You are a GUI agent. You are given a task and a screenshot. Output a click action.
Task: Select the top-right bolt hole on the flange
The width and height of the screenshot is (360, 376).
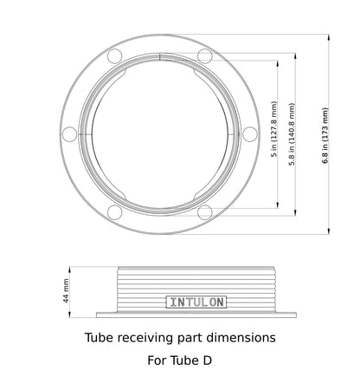click(x=205, y=56)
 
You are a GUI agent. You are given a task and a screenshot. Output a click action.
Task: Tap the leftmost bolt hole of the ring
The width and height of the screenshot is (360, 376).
click(x=70, y=134)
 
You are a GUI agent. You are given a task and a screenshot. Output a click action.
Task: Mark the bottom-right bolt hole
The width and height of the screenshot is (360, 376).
click(x=205, y=212)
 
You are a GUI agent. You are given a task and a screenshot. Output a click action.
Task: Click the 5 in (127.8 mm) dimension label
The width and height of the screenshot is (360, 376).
click(x=274, y=134)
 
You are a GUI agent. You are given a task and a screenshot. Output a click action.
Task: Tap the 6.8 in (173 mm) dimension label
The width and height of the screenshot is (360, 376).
click(x=325, y=135)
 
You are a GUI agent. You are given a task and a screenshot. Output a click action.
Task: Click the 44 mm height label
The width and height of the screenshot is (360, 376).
click(x=66, y=290)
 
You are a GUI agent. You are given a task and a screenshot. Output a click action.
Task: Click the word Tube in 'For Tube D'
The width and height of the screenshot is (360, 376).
click(x=179, y=358)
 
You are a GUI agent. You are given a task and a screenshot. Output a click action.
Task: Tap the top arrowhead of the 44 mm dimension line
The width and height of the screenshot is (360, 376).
click(x=73, y=268)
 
